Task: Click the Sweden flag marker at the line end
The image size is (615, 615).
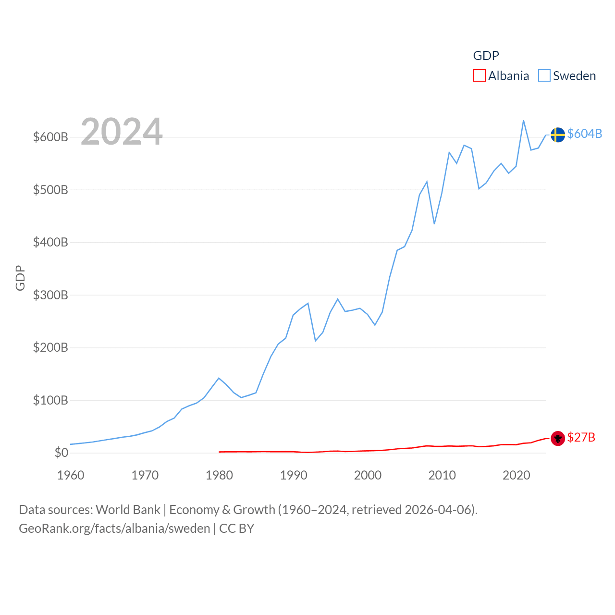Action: click(x=557, y=135)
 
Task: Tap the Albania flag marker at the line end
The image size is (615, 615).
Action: click(x=557, y=438)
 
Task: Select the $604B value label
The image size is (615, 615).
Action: click(x=584, y=134)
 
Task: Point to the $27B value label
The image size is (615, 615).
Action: click(x=581, y=437)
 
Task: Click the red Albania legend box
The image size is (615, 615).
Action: click(x=479, y=76)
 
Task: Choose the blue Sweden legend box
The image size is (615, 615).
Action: click(x=544, y=76)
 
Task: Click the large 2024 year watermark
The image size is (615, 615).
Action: click(x=122, y=132)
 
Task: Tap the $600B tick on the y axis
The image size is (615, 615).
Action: click(x=50, y=137)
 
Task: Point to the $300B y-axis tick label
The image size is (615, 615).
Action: click(x=50, y=295)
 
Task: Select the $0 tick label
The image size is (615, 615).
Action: click(x=61, y=453)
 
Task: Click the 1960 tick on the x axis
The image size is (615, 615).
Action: click(x=71, y=475)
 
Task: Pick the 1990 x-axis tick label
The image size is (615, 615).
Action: click(x=293, y=475)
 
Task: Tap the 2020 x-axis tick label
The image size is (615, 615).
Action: click(x=516, y=475)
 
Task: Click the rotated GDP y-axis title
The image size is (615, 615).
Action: click(x=20, y=278)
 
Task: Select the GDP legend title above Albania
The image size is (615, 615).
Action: click(x=486, y=56)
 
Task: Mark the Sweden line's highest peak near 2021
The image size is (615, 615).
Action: click(x=523, y=121)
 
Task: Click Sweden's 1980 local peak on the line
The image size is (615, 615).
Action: click(x=219, y=378)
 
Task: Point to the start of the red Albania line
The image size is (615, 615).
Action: click(x=220, y=452)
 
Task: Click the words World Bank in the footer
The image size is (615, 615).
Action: click(x=128, y=509)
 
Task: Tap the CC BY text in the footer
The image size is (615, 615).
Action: click(x=236, y=529)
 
